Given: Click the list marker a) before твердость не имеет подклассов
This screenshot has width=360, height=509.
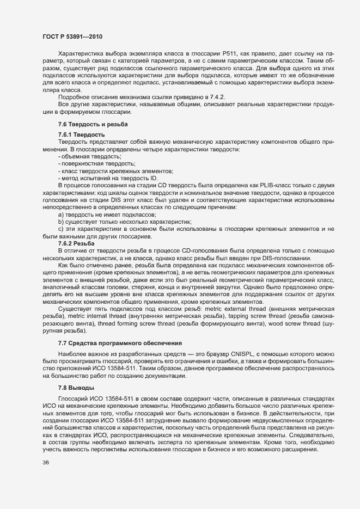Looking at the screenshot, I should (60, 214).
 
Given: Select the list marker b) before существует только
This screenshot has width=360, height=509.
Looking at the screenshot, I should (60, 222).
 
